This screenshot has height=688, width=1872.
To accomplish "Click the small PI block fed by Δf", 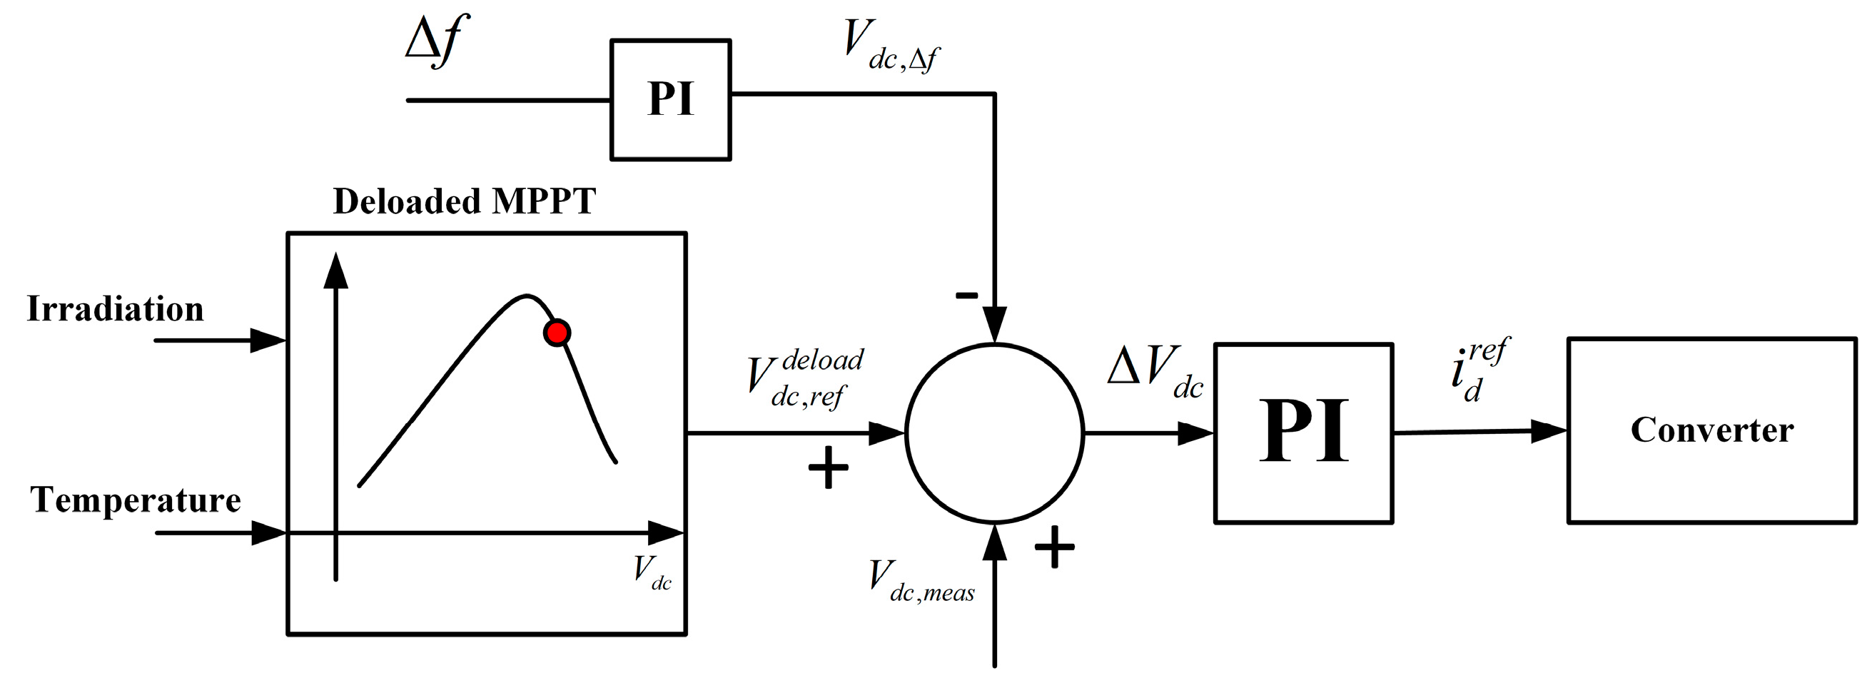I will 670,99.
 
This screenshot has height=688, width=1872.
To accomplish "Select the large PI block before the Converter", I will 1303,432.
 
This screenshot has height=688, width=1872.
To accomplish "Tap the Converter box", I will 1711,430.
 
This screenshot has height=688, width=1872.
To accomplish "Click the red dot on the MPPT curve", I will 557,333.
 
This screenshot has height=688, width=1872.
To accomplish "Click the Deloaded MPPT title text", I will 465,202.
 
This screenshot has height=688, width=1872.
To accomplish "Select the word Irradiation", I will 116,310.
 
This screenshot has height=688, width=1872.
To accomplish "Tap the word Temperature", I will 135,500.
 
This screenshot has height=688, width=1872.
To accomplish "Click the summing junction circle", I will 994,433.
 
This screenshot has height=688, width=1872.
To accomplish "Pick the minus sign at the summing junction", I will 966,295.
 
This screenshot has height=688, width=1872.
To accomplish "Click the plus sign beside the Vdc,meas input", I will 1053,547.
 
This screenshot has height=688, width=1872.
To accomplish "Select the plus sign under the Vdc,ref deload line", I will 828,467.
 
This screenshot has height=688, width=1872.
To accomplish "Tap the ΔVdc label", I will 1155,370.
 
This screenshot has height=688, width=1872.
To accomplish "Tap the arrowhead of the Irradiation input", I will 268,340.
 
